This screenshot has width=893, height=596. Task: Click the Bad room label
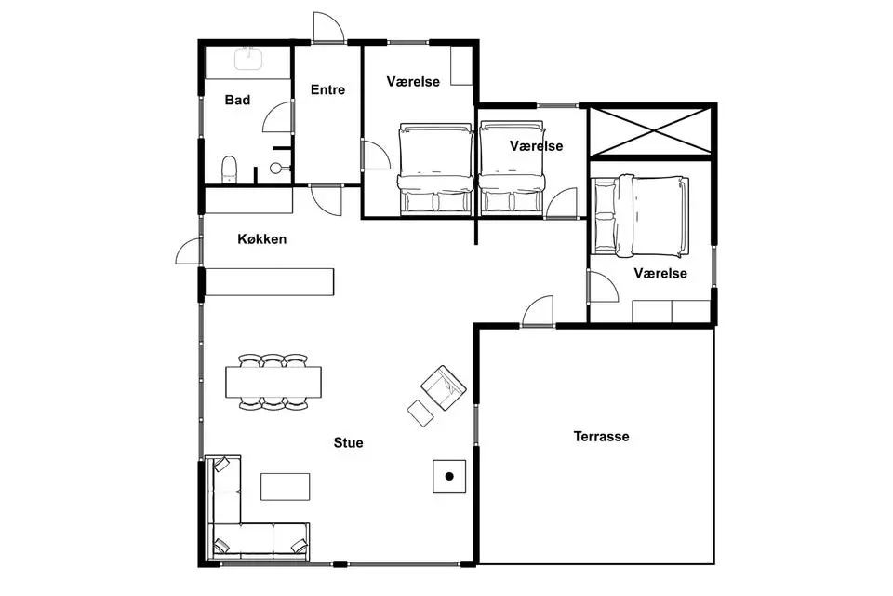click(237, 101)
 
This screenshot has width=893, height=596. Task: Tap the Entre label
click(328, 89)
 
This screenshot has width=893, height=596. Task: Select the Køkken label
click(262, 239)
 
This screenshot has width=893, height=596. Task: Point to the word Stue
click(348, 443)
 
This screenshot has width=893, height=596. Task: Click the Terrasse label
click(602, 437)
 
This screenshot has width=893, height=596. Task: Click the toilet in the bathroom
click(229, 169)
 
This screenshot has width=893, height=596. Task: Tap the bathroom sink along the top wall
click(248, 58)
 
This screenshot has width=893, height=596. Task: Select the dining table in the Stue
click(273, 382)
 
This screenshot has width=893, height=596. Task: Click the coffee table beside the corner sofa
click(286, 486)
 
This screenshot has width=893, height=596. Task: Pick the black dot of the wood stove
click(449, 476)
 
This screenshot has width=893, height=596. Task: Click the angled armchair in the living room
click(444, 387)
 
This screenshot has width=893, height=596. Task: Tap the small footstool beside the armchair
click(420, 413)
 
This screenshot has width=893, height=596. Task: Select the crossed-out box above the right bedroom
click(650, 130)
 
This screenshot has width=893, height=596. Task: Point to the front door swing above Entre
click(327, 27)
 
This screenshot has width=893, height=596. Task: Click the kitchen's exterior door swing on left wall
click(188, 251)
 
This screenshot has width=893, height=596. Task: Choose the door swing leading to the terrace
click(538, 311)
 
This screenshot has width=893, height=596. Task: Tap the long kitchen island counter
click(269, 282)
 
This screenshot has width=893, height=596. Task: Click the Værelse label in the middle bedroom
click(537, 146)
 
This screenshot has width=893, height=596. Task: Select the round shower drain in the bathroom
click(276, 169)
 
